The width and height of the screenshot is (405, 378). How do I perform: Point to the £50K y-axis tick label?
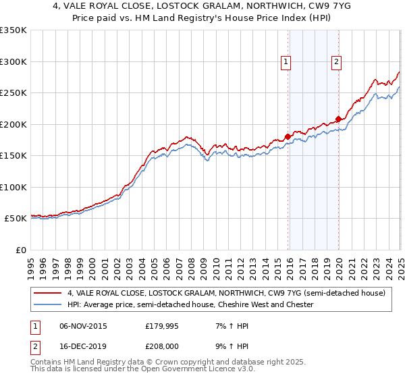[x=15, y=219]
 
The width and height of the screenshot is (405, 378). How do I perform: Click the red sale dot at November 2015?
[x=288, y=136]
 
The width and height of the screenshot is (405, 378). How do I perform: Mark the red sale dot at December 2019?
[x=338, y=119]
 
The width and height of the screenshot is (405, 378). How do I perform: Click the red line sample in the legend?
[x=48, y=294]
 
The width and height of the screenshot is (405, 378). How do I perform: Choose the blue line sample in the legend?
[x=48, y=305]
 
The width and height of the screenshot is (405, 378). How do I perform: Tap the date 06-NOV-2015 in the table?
[x=83, y=326]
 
